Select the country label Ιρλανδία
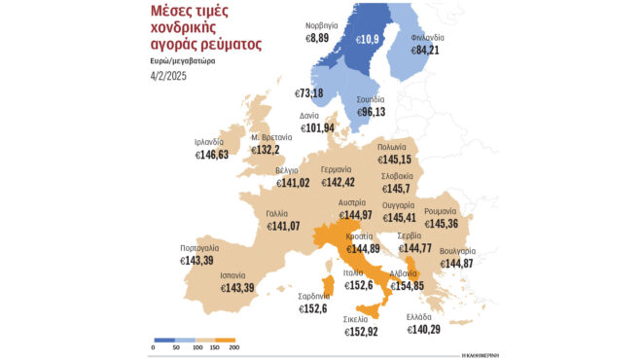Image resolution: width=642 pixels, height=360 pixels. click(216, 141)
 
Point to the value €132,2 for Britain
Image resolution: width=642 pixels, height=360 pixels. click(267, 150)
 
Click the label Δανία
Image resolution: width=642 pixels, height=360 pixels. click(308, 115)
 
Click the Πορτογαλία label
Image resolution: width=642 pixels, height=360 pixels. click(198, 248)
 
